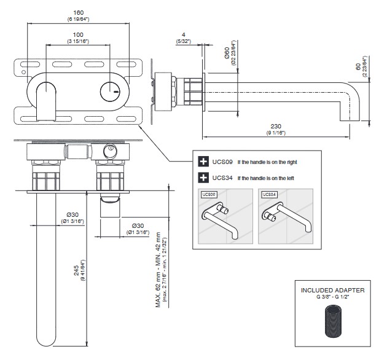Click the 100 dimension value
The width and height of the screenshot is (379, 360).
(x=78, y=34)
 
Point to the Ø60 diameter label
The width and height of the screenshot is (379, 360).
(x=227, y=55)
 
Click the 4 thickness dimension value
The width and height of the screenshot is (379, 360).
(x=182, y=34)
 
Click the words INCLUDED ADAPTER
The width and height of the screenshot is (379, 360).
(x=332, y=289)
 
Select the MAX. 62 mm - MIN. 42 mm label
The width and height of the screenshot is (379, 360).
(x=158, y=269)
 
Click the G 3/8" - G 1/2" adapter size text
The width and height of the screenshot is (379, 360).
(x=332, y=297)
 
